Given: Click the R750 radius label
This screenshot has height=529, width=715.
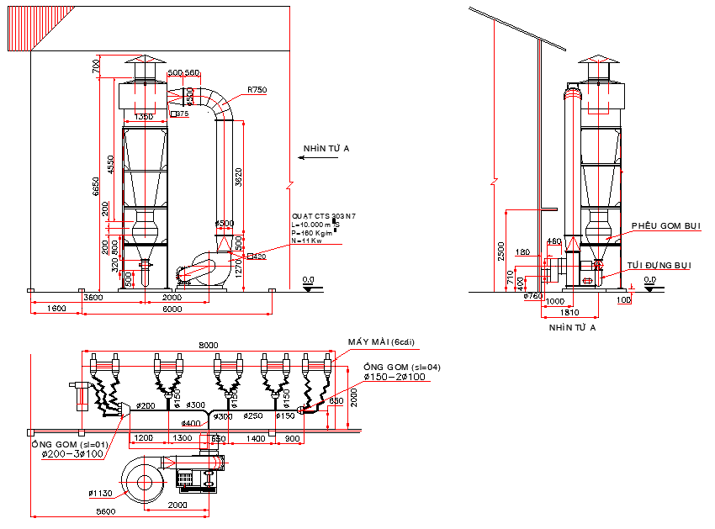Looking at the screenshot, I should click(x=257, y=90).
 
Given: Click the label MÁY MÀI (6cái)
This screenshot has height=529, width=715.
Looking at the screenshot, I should click(x=383, y=342).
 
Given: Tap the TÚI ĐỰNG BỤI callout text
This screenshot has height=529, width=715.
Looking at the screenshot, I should click(x=659, y=266).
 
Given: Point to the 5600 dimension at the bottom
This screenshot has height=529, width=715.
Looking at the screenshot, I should click(x=105, y=511).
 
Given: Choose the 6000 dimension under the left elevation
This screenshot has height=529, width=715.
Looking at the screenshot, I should click(x=172, y=309).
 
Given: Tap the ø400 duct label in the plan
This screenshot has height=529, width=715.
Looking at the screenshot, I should click(x=193, y=423).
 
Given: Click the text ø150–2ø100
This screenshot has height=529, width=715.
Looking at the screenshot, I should click(x=397, y=378).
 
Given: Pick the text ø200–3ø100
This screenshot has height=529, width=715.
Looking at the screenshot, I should click(x=67, y=455).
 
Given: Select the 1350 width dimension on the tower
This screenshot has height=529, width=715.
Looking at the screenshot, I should click(x=144, y=118).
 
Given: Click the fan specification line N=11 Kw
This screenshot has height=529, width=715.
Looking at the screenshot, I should click(x=307, y=241).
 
